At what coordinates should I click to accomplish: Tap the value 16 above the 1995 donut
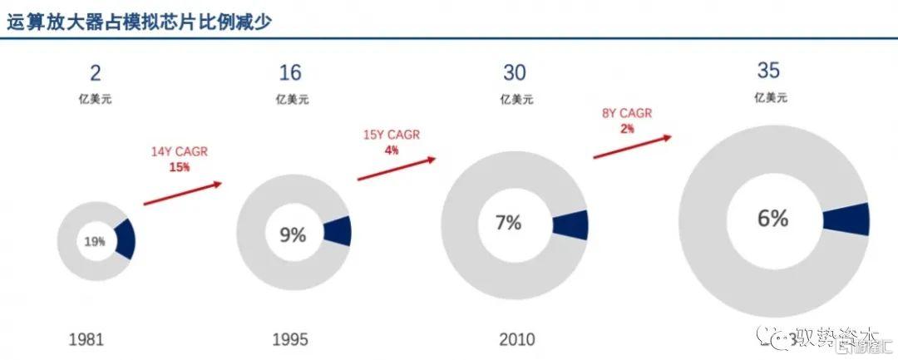[x=290, y=73]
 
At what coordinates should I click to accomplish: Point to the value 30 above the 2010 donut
[x=515, y=73]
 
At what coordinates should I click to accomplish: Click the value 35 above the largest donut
[x=769, y=70]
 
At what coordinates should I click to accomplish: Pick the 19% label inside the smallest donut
[x=96, y=242]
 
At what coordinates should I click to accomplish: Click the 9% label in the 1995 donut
[x=293, y=235]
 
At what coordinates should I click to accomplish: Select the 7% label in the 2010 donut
[x=508, y=223]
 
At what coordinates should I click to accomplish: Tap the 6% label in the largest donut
[x=772, y=219]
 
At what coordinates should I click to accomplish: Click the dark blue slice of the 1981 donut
[x=125, y=239]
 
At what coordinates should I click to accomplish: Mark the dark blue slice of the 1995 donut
[x=337, y=231]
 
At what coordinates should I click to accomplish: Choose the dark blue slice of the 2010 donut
[x=570, y=224]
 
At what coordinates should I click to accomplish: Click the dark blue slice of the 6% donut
[x=846, y=219]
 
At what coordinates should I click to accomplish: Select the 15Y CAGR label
[x=391, y=136]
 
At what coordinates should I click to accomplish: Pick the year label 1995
[x=290, y=338]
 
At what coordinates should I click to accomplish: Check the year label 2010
[x=517, y=338]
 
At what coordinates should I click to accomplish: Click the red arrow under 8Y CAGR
[x=632, y=145]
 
